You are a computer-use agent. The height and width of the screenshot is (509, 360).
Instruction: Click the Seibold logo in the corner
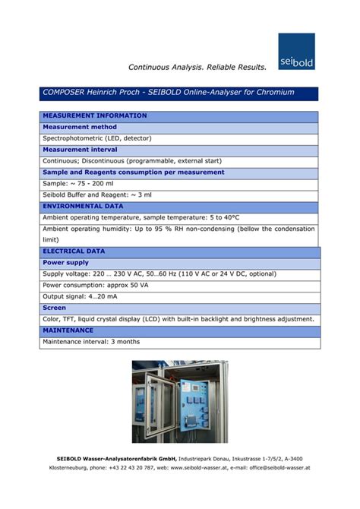tap(296, 51)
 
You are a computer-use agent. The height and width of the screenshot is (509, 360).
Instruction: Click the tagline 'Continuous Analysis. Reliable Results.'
tap(197, 68)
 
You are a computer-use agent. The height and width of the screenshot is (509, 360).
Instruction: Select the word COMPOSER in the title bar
tap(65, 93)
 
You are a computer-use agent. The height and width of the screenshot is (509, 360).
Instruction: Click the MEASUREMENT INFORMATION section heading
tap(95, 116)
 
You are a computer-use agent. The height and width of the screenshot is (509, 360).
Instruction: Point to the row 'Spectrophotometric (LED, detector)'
tap(97, 139)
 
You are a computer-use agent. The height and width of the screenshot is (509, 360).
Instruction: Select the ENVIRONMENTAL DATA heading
tap(84, 206)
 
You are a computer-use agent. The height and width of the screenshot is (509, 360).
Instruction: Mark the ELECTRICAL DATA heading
tap(74, 251)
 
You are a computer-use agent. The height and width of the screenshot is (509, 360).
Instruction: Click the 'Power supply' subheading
tap(66, 262)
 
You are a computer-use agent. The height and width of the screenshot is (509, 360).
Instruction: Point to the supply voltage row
tap(159, 273)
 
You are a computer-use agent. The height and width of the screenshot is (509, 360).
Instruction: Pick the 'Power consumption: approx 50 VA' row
tap(95, 285)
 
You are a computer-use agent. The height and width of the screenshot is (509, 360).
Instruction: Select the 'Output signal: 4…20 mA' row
tap(80, 296)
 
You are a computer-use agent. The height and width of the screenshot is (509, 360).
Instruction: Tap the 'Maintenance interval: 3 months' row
tap(91, 342)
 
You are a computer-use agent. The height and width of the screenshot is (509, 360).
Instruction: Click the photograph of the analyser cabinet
tap(179, 401)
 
